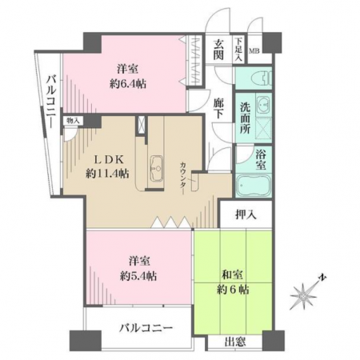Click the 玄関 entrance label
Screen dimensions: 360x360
point(218,50)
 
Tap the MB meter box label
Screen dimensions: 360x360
point(254,51)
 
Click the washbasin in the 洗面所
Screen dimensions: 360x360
point(263,105)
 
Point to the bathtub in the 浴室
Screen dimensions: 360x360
point(254,186)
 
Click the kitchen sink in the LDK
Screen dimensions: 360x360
point(156,169)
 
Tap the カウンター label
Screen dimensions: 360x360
point(183,178)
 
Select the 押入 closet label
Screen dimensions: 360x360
point(246,214)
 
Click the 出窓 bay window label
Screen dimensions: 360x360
point(235,342)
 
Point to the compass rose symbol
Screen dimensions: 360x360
point(303,296)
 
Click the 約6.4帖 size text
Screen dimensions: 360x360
point(128,84)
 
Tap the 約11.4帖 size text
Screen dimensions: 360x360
point(107,174)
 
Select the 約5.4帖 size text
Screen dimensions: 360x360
point(138,276)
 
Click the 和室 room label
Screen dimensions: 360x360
point(233,275)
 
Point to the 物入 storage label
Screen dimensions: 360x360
point(73,120)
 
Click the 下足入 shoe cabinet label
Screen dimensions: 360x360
point(238,50)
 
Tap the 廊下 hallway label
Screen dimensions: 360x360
point(218,108)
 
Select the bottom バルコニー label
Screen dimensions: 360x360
point(146,328)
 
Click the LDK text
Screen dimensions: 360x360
point(109,159)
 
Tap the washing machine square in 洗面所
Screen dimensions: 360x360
point(263,129)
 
